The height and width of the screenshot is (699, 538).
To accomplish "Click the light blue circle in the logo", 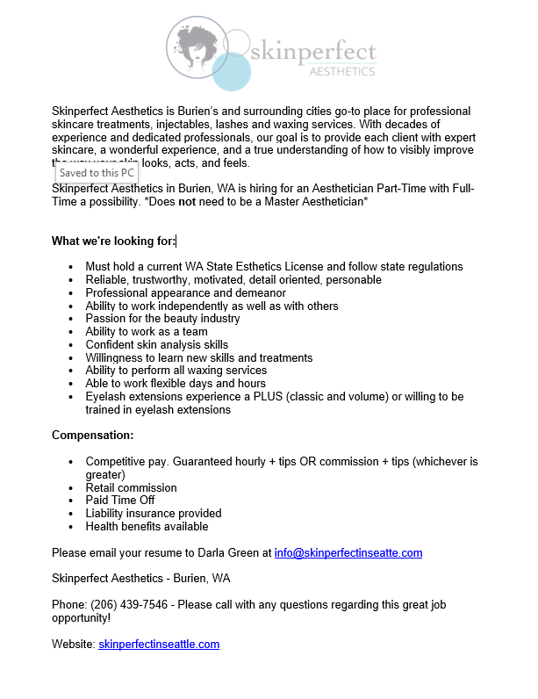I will point(232,72).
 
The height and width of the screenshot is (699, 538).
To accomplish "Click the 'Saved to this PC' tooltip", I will point(97,173).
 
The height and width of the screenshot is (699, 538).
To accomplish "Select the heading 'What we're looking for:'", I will point(113,241).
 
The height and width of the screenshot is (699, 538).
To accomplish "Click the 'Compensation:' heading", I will point(93,436).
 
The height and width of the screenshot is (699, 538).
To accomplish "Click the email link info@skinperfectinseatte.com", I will point(348,553).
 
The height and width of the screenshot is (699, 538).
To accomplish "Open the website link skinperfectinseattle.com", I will point(159,645).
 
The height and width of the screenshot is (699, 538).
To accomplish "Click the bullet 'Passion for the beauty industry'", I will point(162,319).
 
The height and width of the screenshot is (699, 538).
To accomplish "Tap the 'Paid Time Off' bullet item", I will point(121,501).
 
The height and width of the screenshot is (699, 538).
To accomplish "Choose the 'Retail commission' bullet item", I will point(131,488).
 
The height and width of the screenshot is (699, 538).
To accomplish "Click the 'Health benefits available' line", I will point(147,527).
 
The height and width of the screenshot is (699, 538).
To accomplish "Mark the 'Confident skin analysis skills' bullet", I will point(156,345).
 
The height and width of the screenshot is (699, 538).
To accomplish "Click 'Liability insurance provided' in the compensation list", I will point(153,514).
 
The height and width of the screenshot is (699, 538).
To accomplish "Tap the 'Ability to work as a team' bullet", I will point(147,332).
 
